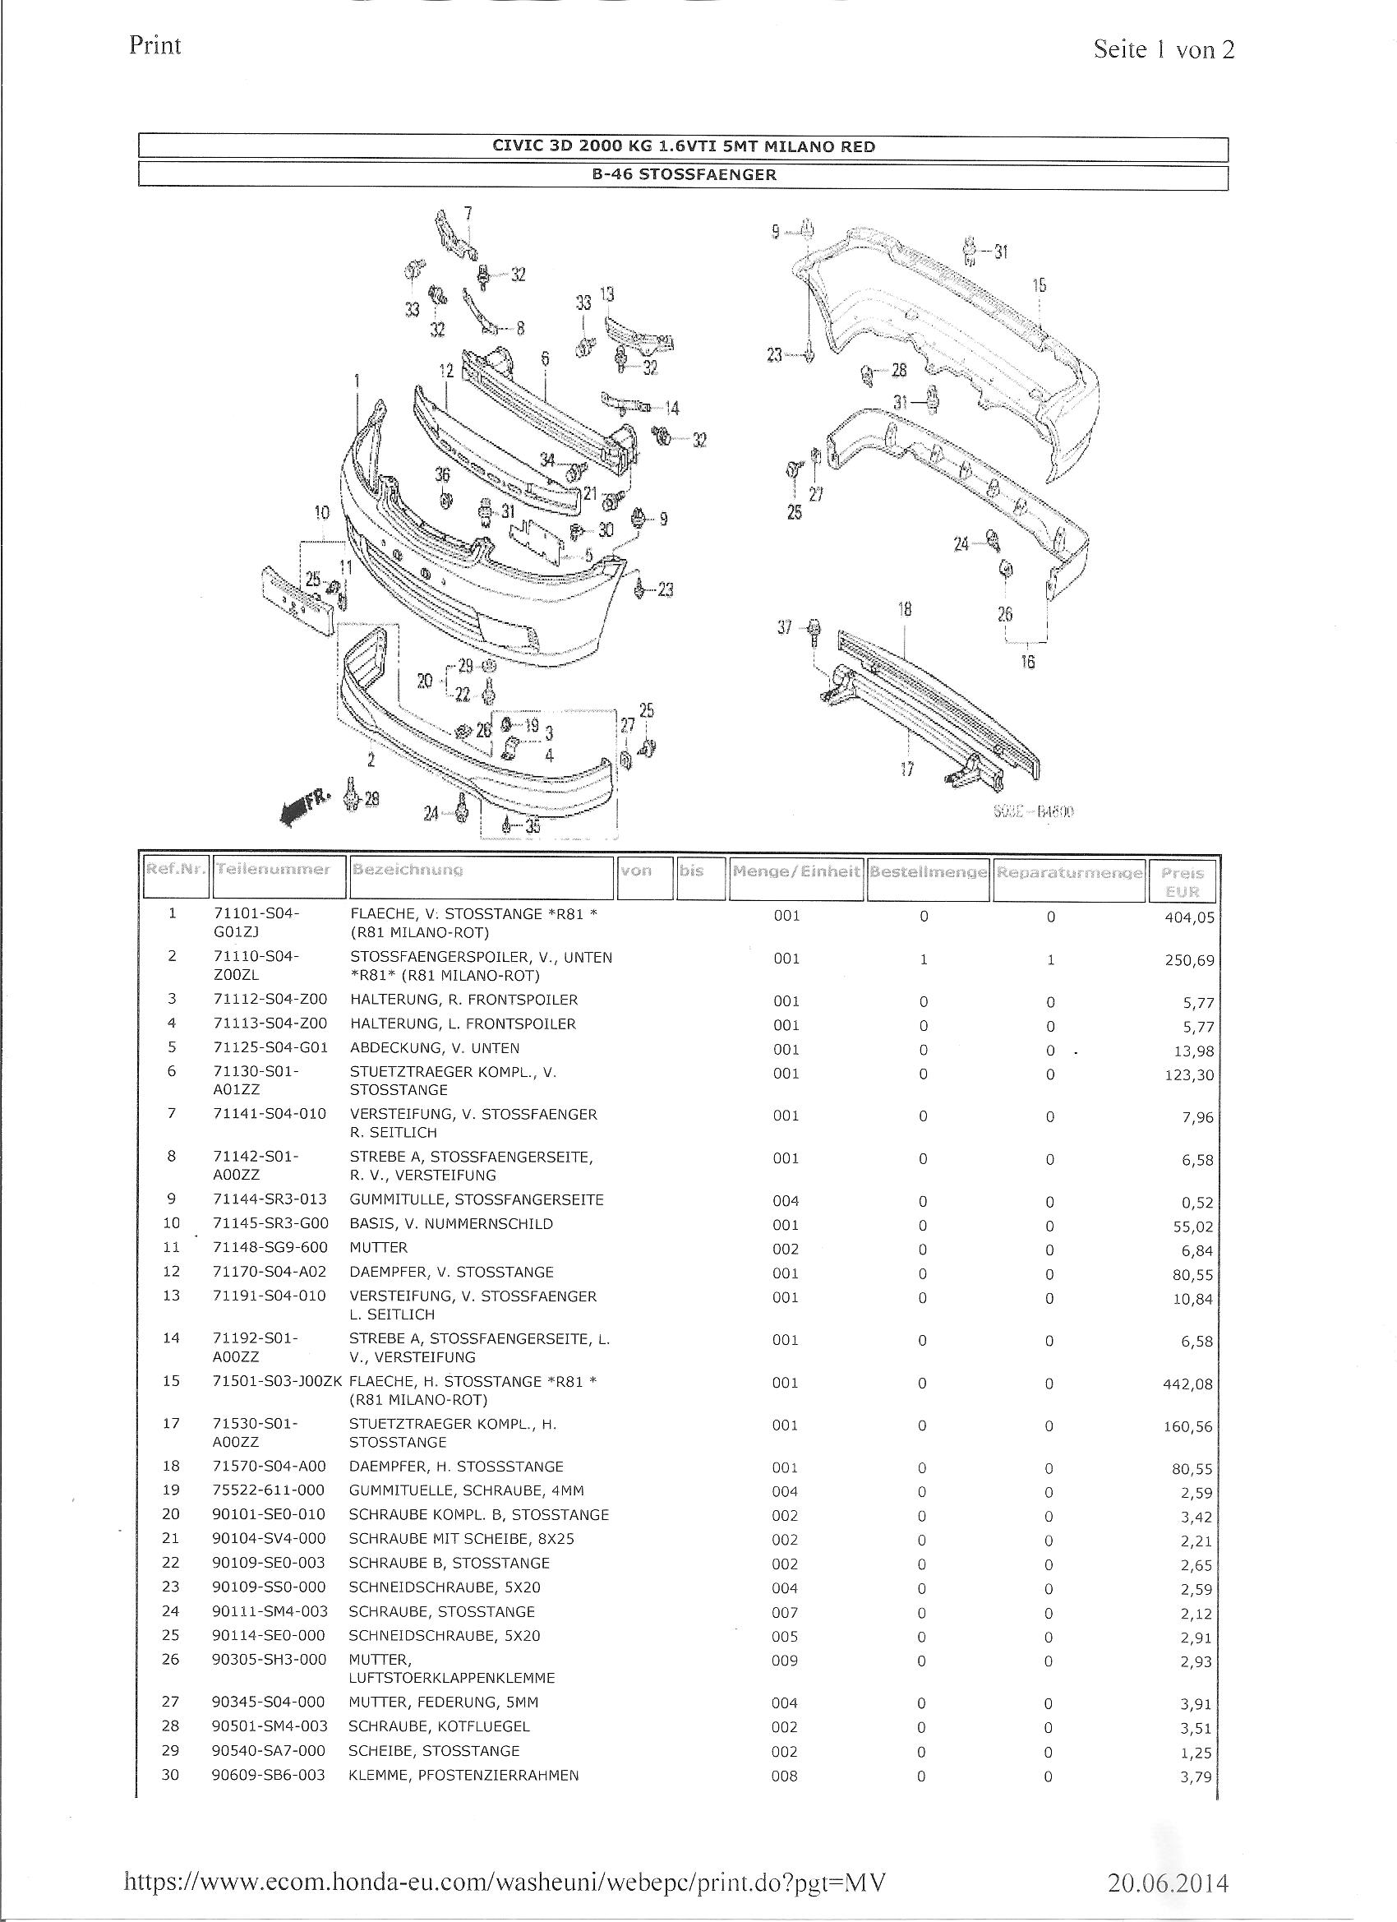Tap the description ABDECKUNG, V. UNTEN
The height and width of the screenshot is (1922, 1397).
tap(435, 1048)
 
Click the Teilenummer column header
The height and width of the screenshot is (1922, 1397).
tap(273, 870)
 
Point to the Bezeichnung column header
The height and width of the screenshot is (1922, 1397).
tap(408, 870)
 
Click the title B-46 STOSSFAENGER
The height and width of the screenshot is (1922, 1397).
tap(684, 175)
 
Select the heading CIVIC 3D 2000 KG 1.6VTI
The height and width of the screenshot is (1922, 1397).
tap(684, 146)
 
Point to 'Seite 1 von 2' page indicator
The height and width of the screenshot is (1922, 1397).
tap(1164, 49)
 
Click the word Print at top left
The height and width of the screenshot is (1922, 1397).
tap(155, 45)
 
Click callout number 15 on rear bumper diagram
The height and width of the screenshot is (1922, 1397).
tap(1040, 285)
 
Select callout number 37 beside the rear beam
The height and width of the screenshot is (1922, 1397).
tap(785, 627)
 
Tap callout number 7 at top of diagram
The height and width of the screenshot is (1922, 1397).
tap(468, 215)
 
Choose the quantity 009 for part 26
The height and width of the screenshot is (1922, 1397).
tap(785, 1660)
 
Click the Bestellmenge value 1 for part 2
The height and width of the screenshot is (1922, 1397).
tap(924, 959)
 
